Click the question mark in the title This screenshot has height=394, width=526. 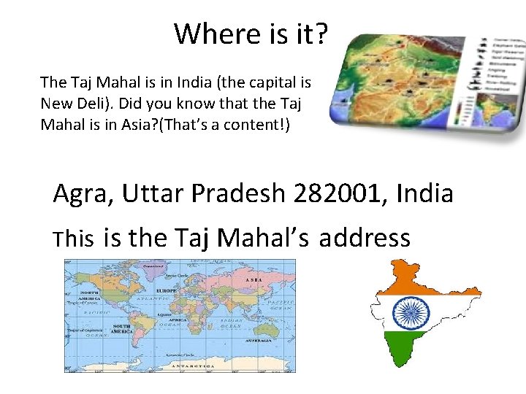tap(323, 34)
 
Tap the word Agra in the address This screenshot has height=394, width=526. tap(84, 194)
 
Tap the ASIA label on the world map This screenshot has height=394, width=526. tap(254, 280)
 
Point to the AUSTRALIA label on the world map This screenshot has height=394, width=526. tap(259, 341)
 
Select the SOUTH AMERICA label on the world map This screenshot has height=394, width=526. tap(121, 329)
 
